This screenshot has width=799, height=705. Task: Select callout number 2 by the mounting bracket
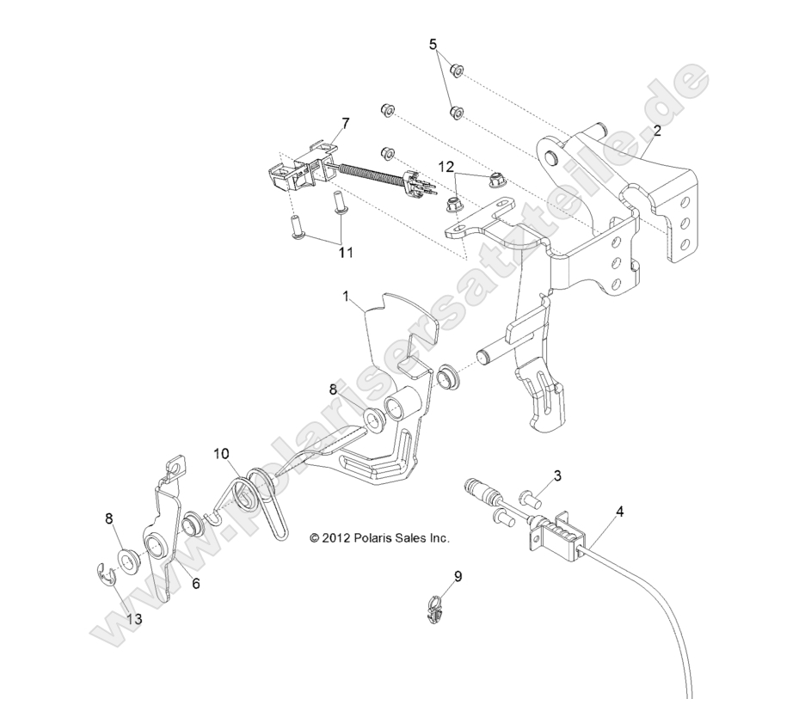pos(656,131)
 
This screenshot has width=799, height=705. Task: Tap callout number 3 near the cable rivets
pos(557,475)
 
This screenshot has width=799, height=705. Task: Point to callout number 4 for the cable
pos(619,511)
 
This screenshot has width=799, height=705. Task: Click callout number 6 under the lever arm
pos(195,583)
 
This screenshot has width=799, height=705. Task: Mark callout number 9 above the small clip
pos(458,576)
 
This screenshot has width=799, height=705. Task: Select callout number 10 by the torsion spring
pos(221,452)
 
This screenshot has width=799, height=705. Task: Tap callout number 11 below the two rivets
pos(344,254)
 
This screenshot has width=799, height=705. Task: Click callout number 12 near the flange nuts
pos(446,165)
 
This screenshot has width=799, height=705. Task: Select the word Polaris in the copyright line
pos(385,538)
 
